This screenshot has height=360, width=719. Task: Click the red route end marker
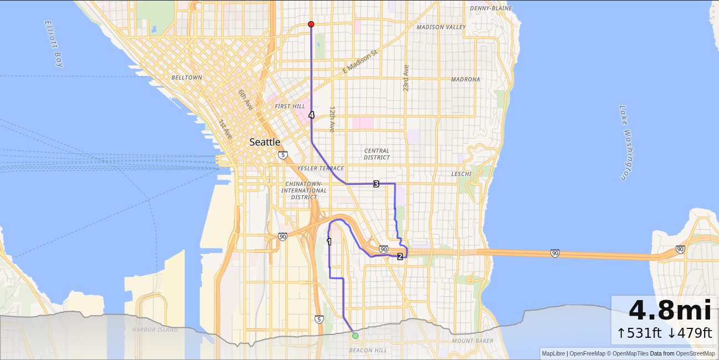(x=311, y=24)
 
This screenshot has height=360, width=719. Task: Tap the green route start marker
(x=355, y=336)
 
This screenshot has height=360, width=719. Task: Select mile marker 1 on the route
(x=329, y=241)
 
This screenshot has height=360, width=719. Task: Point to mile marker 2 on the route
(x=399, y=256)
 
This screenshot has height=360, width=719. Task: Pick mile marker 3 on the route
(x=376, y=184)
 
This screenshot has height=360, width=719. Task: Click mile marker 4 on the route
(x=311, y=115)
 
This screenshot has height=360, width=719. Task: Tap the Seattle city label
(x=265, y=142)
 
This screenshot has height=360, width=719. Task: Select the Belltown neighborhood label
(x=186, y=78)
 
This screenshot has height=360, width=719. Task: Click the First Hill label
(x=290, y=106)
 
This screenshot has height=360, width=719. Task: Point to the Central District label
(x=377, y=154)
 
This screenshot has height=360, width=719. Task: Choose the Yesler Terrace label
(x=321, y=168)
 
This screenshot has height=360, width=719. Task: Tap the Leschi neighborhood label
(x=461, y=174)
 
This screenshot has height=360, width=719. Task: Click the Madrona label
(x=465, y=79)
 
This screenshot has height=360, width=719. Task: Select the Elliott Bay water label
(x=54, y=43)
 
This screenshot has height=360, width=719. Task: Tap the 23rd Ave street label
(x=406, y=78)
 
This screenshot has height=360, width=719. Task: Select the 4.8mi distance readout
(x=670, y=311)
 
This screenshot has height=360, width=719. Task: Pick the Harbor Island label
(x=155, y=329)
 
